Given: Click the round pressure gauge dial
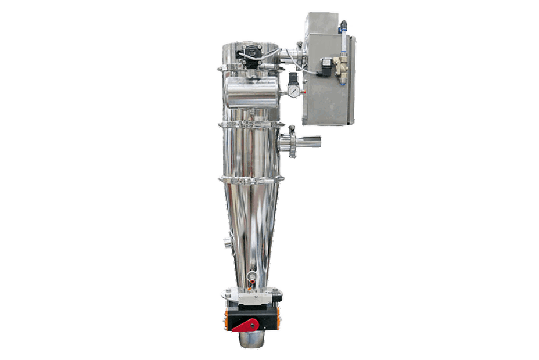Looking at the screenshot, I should pyautogui.click(x=294, y=91).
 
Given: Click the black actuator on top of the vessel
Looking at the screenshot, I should pyautogui.click(x=250, y=53).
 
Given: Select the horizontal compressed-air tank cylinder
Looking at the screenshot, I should pyautogui.click(x=250, y=92).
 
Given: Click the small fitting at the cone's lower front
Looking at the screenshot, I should pyautogui.click(x=250, y=276).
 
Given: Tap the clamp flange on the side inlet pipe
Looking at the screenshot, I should pyautogui.click(x=292, y=141).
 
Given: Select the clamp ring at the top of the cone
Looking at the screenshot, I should pyautogui.click(x=251, y=178).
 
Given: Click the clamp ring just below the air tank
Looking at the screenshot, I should pyautogui.click(x=251, y=124).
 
